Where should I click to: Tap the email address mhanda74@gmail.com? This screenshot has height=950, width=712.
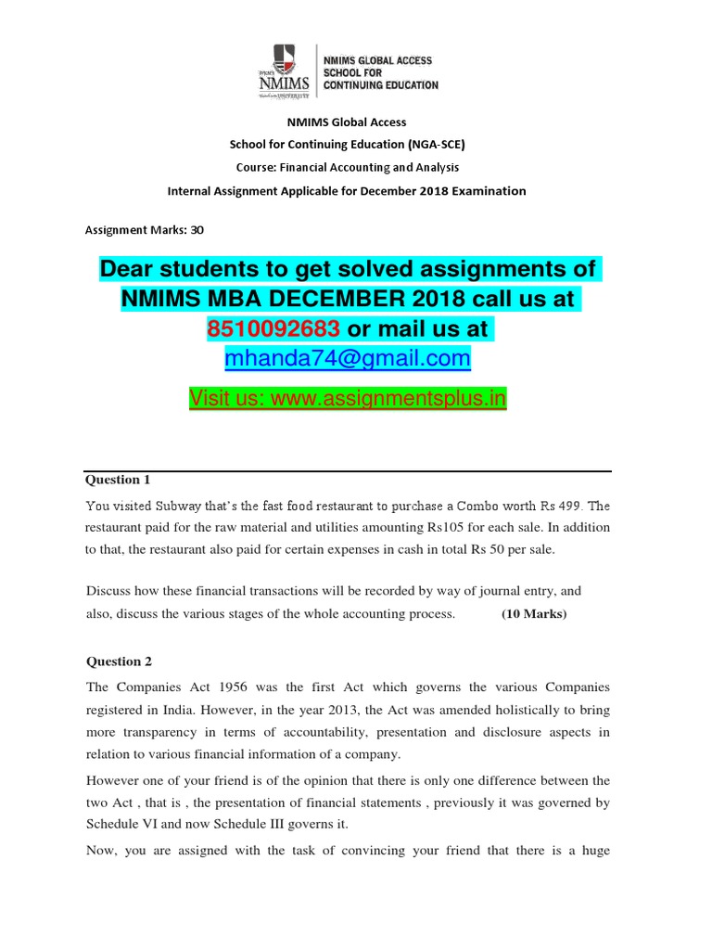pos(348,358)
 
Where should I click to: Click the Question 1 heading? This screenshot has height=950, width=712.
pos(118,480)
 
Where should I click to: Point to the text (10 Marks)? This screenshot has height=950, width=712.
pos(533,614)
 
